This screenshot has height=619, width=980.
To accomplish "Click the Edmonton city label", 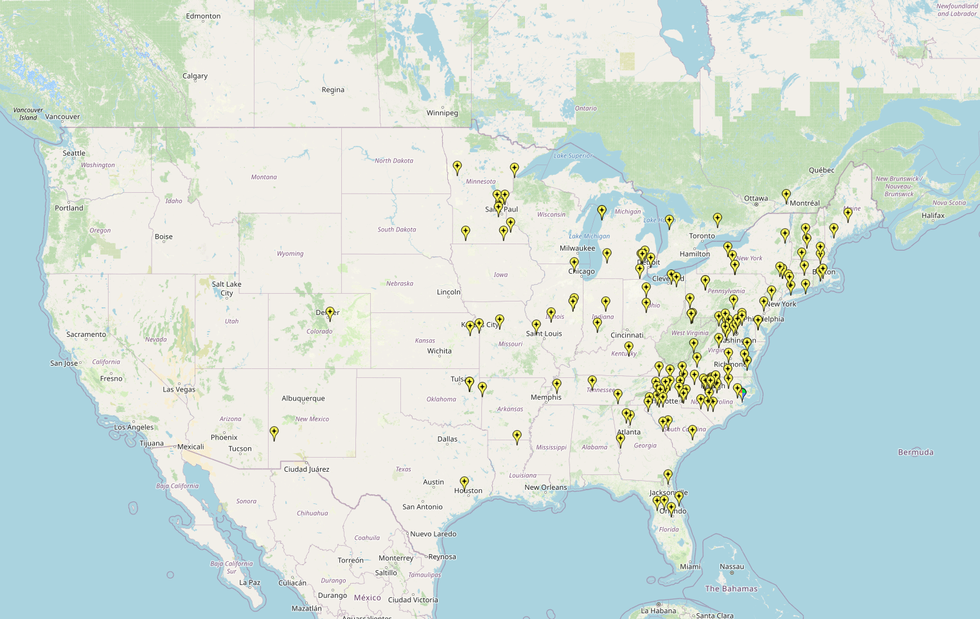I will (203, 16).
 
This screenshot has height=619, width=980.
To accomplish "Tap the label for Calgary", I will (195, 76).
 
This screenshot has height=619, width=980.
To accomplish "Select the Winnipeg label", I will (442, 113).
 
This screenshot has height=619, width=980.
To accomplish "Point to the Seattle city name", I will (74, 153).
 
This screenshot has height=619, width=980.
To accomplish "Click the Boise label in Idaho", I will (163, 237).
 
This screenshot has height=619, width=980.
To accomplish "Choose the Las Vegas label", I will (179, 390).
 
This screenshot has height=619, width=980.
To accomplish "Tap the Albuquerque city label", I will (303, 399).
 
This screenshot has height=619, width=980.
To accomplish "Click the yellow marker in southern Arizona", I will (274, 433).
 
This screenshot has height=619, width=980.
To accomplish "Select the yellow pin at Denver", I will (330, 313).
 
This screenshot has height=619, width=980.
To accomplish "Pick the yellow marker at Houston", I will (465, 483).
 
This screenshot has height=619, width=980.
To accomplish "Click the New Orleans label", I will (546, 487).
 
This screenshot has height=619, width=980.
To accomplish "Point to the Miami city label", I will (690, 566).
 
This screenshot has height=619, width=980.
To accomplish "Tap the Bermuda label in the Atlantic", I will (915, 453).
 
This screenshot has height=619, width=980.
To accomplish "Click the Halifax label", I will (933, 215).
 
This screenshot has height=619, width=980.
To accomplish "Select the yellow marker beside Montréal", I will (786, 195).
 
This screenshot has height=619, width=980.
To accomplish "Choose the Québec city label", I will (821, 170).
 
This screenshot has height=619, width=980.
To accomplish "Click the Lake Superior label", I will (573, 156).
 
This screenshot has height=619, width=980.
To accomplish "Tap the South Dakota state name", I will (396, 229).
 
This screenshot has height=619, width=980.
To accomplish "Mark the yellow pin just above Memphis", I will (557, 385).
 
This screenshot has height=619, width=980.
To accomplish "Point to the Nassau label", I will (732, 567).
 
